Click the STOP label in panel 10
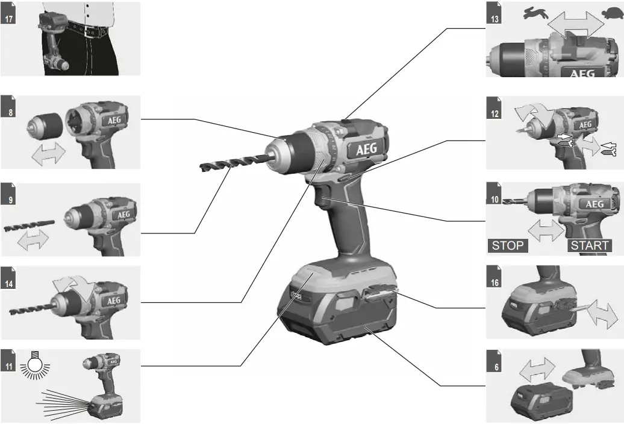(x=508, y=245)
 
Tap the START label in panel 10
(x=590, y=245)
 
